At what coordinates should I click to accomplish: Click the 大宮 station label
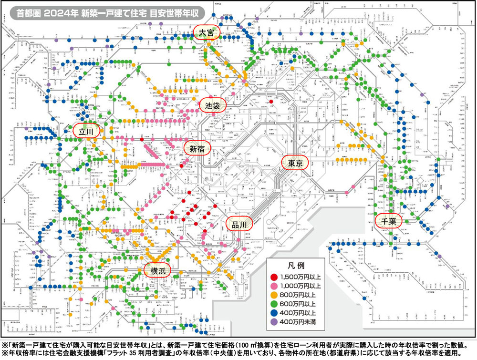(207, 33)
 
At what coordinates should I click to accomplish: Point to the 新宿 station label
(197, 149)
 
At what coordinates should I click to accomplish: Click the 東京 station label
(296, 163)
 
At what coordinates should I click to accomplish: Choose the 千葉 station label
(389, 221)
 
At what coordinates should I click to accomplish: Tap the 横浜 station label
(157, 270)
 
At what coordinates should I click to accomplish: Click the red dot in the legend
(273, 277)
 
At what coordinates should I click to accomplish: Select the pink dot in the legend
(273, 286)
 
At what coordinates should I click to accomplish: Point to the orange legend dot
(273, 295)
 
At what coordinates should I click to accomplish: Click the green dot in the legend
(273, 304)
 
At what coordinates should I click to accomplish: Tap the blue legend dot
(273, 313)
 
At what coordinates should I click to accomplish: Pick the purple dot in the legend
(273, 322)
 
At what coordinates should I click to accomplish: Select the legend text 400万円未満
(302, 322)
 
